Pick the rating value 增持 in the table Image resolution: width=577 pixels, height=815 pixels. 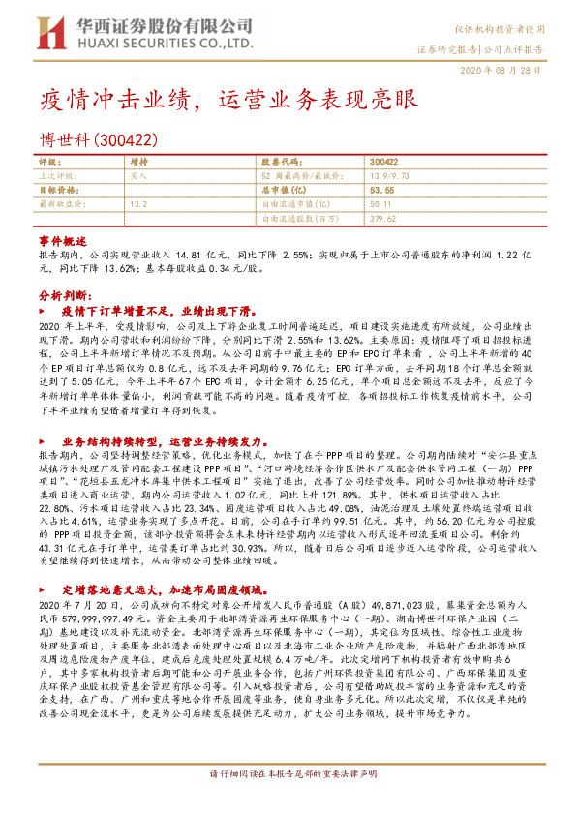tap(138, 161)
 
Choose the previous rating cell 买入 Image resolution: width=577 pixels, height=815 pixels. tap(137, 176)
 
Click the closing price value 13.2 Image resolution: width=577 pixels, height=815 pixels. tap(137, 204)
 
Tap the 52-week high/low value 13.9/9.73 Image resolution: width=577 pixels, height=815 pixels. tap(391, 176)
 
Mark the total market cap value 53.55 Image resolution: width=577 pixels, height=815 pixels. tap(382, 191)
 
